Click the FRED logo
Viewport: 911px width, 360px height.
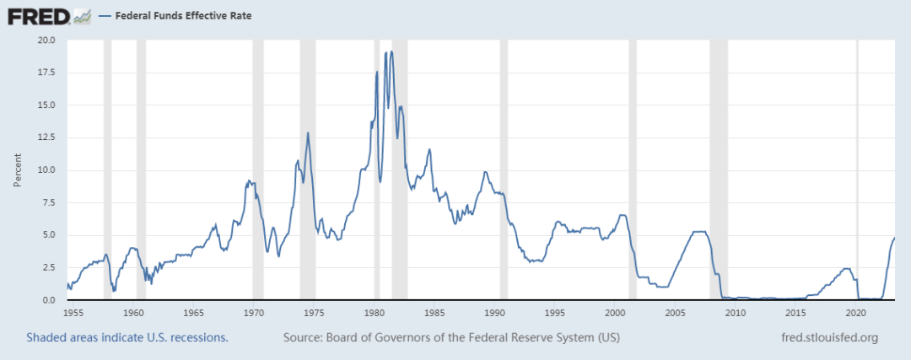(x=49, y=16)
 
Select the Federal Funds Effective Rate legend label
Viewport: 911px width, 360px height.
(x=183, y=16)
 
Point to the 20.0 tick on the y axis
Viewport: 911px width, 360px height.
(x=46, y=40)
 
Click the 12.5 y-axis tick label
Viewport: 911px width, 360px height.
(x=46, y=137)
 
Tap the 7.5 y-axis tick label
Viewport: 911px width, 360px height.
(x=48, y=202)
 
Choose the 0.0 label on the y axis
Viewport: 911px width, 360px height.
(x=48, y=299)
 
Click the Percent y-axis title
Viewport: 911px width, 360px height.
(x=18, y=170)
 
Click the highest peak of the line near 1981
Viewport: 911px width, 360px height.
(x=391, y=51)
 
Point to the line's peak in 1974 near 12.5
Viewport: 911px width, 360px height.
(x=307, y=132)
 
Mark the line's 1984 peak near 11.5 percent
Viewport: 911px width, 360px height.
(x=429, y=149)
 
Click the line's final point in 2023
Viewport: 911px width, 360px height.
(x=894, y=238)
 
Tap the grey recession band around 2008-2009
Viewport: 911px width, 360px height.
(x=719, y=169)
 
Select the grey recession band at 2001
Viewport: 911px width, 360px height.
(x=633, y=169)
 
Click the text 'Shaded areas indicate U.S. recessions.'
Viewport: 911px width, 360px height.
(x=127, y=338)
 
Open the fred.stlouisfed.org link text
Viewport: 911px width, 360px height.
(x=830, y=338)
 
